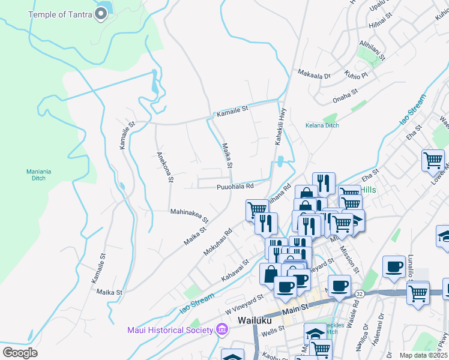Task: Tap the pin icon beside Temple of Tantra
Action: click(x=101, y=14)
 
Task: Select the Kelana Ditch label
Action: click(x=322, y=125)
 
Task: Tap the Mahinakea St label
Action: click(x=189, y=215)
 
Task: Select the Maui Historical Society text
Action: click(x=170, y=329)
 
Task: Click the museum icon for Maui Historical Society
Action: click(x=221, y=329)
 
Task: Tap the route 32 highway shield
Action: click(x=358, y=294)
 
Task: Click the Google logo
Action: click(x=20, y=352)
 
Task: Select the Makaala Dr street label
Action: click(x=314, y=75)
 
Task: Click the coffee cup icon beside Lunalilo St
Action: click(x=394, y=266)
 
